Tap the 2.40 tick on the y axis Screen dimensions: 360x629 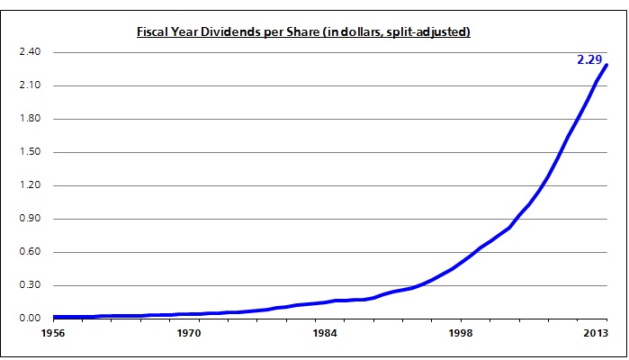point(30,52)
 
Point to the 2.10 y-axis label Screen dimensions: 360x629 point(30,85)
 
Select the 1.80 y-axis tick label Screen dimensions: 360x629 point(30,119)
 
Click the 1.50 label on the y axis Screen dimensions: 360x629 point(30,152)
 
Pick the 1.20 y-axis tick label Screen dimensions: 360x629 point(30,185)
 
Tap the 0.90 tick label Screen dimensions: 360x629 point(30,219)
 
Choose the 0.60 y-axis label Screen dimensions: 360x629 point(30,252)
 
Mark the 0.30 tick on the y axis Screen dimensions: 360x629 point(30,285)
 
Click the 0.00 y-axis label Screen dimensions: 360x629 point(30,319)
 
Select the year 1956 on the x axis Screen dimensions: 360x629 point(53,334)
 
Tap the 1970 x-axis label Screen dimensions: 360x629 point(188,334)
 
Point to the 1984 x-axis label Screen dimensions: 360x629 point(325,334)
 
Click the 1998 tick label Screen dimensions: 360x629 point(460,334)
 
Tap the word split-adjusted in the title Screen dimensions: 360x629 point(430,32)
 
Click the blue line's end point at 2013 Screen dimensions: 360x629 point(607,65)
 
